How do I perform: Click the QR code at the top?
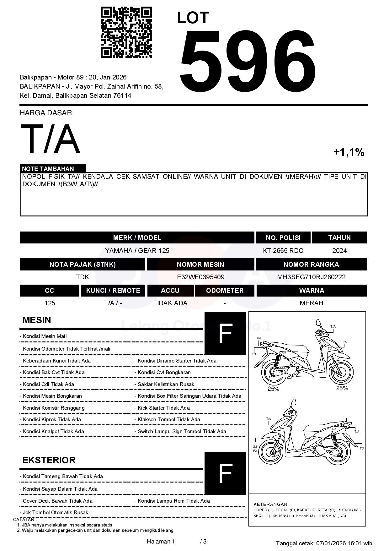coord(126,32)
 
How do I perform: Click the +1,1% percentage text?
coord(349,152)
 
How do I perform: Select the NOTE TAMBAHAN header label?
coord(48,169)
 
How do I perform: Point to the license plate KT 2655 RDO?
coord(283,251)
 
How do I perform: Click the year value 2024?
coord(339,251)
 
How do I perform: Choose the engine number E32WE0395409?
coord(200,277)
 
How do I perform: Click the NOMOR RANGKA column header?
coord(311,265)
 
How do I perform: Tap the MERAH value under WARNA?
coord(311,303)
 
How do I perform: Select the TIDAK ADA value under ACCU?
coord(170,303)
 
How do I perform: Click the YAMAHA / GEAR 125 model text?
coord(137,251)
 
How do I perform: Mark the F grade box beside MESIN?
coord(225,333)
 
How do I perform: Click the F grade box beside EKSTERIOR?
coord(225,473)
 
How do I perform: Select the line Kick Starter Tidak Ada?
coord(164,408)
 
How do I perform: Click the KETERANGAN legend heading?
coord(270,504)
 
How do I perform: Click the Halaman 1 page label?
coord(161,541)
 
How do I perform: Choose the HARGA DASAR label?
coord(46,113)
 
